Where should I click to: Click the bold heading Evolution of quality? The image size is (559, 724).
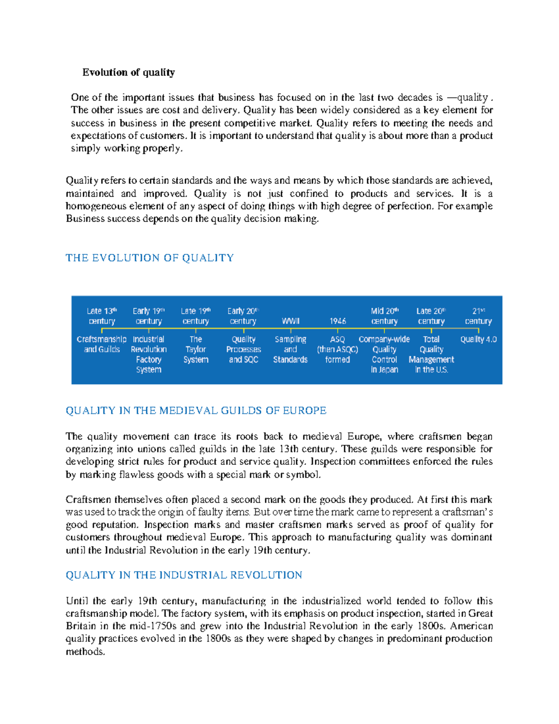pos(129,72)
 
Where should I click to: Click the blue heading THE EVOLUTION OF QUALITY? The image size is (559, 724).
pos(150,258)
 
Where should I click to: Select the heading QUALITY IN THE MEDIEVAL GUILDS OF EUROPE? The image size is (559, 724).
pos(196,411)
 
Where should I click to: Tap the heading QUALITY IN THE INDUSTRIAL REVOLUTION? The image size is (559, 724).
pos(184,575)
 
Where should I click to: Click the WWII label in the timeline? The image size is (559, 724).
pos(290,321)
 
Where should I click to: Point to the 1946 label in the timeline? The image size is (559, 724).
pos(337,321)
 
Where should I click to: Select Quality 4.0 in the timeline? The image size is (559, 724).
pos(478,339)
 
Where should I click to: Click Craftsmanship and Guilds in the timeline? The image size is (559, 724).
pos(102,345)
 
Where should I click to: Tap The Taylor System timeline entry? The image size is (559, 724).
pos(196,350)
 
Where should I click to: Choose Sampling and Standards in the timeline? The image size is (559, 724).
pos(290,350)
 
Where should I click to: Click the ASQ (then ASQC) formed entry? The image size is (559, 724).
pos(337,350)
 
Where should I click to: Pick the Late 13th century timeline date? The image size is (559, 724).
pos(102,316)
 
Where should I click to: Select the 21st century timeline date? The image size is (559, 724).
pos(478,316)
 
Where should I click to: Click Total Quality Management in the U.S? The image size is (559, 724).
pos(431,354)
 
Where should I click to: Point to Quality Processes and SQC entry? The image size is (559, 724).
pos(243,350)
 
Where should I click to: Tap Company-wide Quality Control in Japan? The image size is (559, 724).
pos(384,354)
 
